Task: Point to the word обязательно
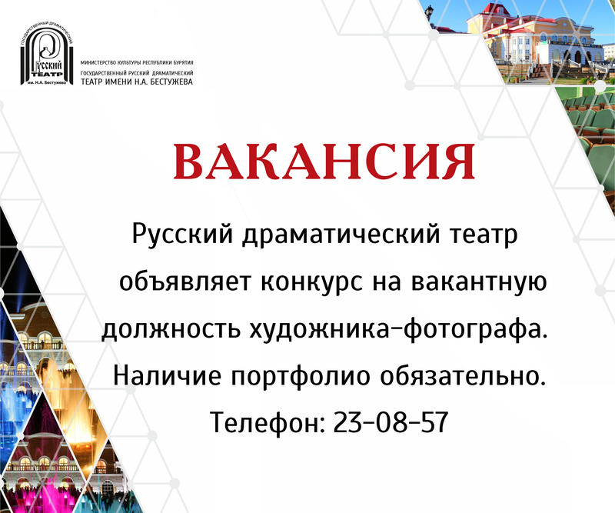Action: (x=463, y=376)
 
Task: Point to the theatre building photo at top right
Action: (x=523, y=38)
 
